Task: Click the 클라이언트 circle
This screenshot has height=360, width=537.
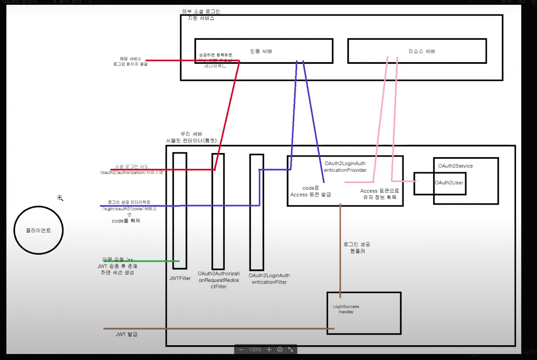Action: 39,230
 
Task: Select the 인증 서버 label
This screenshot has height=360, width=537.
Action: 261,51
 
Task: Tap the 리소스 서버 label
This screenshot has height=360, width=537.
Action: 421,51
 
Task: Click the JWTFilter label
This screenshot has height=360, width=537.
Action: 180,278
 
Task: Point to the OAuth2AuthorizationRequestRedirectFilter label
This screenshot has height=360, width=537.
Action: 219,280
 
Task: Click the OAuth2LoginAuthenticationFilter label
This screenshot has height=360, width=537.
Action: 269,279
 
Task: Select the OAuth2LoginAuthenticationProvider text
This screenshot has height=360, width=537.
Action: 345,167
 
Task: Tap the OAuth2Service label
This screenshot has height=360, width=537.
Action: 455,166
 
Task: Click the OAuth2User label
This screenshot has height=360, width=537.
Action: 449,183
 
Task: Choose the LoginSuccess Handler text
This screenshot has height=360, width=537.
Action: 346,309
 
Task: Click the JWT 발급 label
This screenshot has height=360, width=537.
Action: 126,334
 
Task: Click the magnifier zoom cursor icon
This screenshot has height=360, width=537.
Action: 60,198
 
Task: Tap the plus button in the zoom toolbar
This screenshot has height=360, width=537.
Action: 269,350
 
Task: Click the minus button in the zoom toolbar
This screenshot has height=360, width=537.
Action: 241,350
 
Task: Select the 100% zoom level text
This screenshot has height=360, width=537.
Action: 255,350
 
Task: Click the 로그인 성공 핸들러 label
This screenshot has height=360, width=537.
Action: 357,248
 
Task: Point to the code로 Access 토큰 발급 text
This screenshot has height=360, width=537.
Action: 311,191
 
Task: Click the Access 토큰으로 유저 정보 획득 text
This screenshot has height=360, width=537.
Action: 380,194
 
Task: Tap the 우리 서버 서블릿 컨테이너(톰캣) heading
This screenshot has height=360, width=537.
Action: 191,137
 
